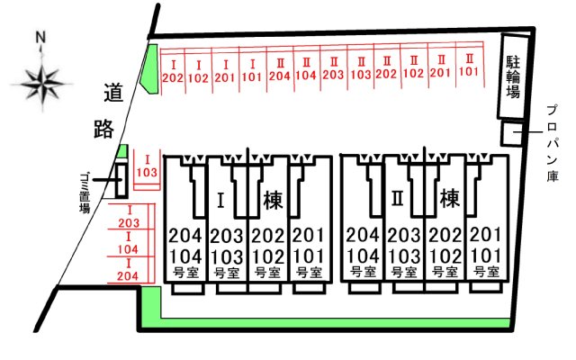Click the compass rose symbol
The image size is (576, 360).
(41, 83)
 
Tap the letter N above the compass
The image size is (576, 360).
(40, 39)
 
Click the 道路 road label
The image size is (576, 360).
(106, 110)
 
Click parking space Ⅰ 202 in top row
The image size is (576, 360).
(172, 71)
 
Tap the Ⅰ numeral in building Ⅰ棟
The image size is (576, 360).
(220, 198)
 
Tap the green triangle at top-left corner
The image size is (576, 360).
(153, 65)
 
